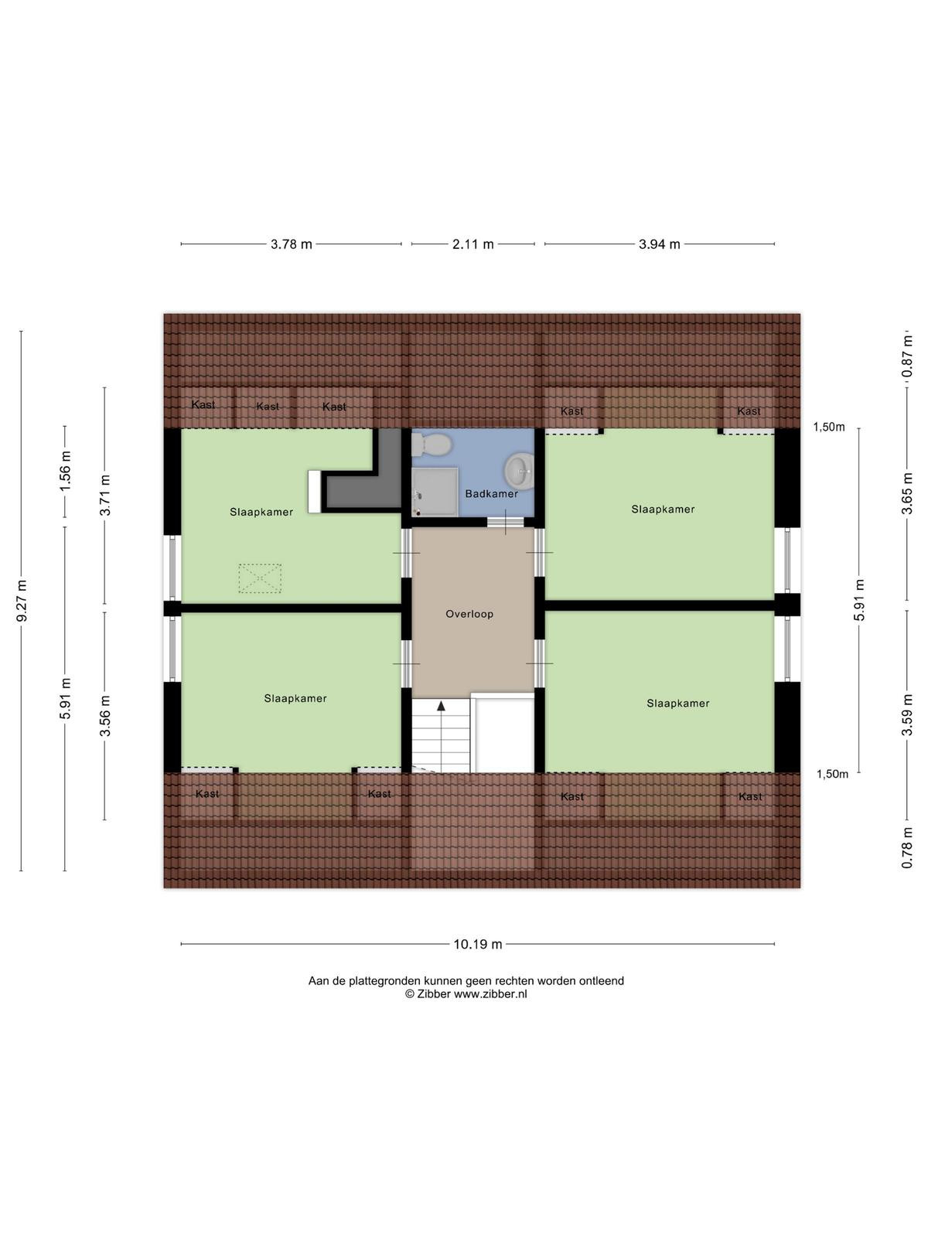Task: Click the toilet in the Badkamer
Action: pyautogui.click(x=431, y=445)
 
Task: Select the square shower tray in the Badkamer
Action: pyautogui.click(x=435, y=491)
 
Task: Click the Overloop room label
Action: pyautogui.click(x=469, y=614)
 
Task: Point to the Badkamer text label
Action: pyautogui.click(x=491, y=494)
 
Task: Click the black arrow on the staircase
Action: pyautogui.click(x=441, y=705)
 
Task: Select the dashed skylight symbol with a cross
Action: pyautogui.click(x=259, y=578)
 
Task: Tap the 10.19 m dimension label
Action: pyautogui.click(x=478, y=944)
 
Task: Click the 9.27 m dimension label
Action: pyautogui.click(x=22, y=600)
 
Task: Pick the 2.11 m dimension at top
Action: pyautogui.click(x=473, y=244)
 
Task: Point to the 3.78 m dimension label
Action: pyautogui.click(x=292, y=244)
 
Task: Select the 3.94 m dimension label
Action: pyautogui.click(x=659, y=244)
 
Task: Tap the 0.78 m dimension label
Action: pyautogui.click(x=906, y=847)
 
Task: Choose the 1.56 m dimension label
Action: pyautogui.click(x=66, y=470)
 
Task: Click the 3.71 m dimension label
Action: pyautogui.click(x=105, y=495)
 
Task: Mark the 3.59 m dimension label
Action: pyautogui.click(x=906, y=714)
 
